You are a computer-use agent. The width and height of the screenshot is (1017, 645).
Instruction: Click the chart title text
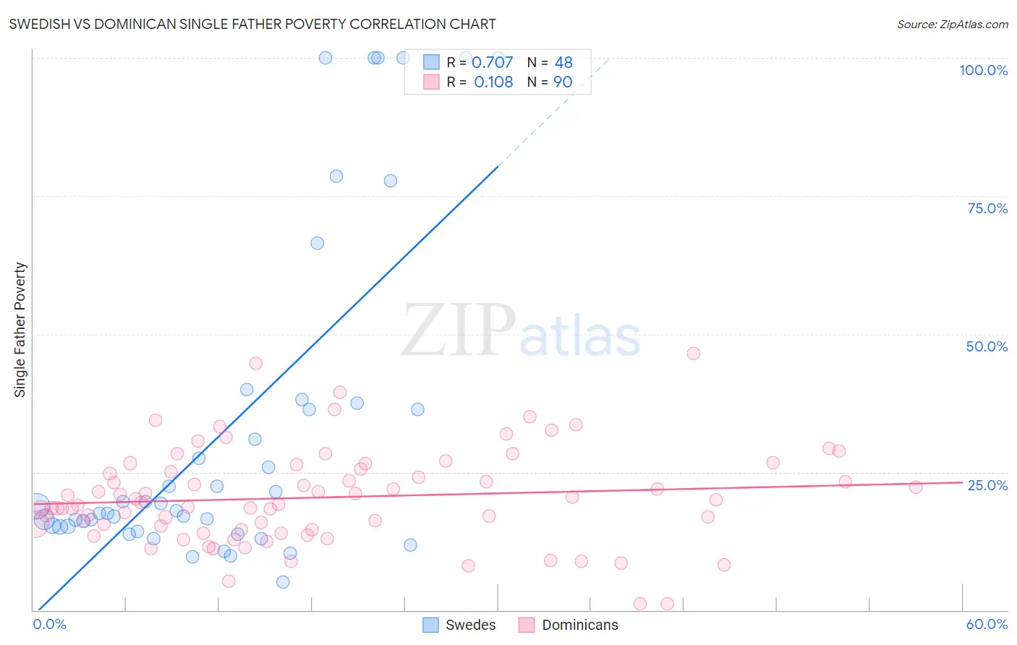tap(252, 24)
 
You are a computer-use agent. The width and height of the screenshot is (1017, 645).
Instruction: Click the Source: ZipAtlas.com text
tap(952, 24)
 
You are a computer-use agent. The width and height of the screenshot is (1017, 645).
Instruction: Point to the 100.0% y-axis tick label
tap(983, 70)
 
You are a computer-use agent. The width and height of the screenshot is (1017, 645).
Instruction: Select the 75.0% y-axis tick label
tap(987, 208)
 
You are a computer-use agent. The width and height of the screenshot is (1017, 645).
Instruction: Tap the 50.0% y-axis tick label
tap(987, 346)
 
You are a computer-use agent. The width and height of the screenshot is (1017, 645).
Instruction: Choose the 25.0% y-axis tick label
tap(987, 484)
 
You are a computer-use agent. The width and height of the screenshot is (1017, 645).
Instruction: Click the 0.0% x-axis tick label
tap(50, 624)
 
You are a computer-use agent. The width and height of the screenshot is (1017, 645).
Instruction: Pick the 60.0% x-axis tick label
tap(987, 624)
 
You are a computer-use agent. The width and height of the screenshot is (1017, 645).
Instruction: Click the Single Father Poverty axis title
tap(20, 330)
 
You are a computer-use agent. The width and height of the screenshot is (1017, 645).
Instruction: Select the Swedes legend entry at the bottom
tap(459, 625)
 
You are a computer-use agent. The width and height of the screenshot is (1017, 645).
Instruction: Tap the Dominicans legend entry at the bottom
tap(569, 625)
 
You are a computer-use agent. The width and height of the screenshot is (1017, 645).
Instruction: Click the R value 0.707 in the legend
tap(492, 63)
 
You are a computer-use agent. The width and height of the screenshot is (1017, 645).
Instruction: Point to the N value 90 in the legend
tap(563, 82)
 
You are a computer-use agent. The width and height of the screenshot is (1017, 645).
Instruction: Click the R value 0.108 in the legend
tap(493, 82)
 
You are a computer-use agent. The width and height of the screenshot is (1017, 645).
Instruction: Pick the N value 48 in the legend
tap(563, 63)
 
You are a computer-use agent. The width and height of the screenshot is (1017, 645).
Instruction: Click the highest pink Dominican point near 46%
tap(693, 354)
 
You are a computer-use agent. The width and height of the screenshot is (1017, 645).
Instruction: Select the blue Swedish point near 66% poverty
tap(317, 243)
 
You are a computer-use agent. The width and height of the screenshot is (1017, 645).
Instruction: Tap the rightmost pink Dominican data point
tap(916, 487)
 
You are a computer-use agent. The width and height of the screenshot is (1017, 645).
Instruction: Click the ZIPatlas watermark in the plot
tap(521, 330)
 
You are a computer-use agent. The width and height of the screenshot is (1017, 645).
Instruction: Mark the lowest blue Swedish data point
tap(283, 582)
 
